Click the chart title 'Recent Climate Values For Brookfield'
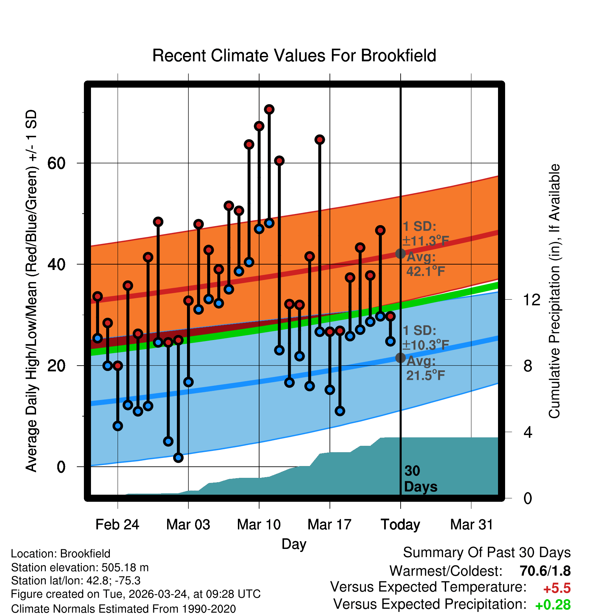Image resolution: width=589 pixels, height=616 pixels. coord(294,56)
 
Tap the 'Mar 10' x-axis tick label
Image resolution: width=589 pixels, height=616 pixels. coord(259,525)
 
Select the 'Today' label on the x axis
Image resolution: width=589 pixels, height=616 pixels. coord(400,525)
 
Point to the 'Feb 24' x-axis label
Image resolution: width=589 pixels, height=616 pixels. coord(117,525)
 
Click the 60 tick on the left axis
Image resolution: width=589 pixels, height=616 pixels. coord(56,163)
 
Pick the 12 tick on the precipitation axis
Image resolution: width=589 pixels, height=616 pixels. coord(531,300)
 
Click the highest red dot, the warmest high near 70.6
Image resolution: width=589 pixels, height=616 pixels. coord(269,109)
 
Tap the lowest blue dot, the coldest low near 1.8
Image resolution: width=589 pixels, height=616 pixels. coord(178,458)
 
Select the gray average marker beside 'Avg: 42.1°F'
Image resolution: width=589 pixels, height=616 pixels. coord(400,253)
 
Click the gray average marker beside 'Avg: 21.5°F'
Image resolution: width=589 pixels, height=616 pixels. coord(400,358)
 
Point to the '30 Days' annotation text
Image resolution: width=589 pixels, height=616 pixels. coord(420,479)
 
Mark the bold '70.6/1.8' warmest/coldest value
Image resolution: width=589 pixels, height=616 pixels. coord(545,571)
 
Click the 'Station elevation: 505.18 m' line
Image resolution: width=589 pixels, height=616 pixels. coord(80,567)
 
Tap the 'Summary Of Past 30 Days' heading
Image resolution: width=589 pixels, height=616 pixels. coord(487,553)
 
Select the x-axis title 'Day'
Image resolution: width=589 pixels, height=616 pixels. coord(294,544)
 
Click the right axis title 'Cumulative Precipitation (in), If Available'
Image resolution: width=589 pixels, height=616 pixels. coord(554,291)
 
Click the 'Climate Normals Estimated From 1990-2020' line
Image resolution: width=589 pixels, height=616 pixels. coord(123,609)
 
